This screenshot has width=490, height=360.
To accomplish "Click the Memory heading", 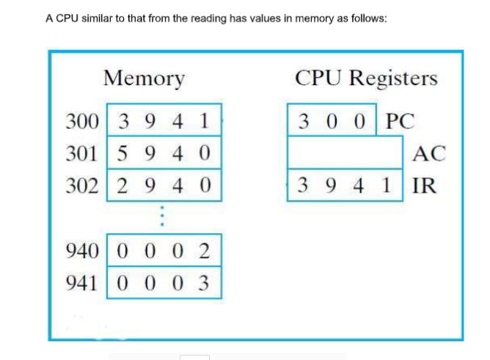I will (145, 77).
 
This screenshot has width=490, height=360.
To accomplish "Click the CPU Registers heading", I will (366, 78).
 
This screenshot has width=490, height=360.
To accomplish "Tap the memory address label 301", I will (82, 154).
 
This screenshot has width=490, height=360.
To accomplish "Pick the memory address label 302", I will (82, 185).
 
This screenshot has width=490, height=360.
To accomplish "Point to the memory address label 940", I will (82, 251).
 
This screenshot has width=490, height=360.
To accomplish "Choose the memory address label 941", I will (82, 282).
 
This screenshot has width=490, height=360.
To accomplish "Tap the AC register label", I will (428, 153).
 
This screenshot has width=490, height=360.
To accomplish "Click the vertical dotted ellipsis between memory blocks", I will (164, 218).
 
